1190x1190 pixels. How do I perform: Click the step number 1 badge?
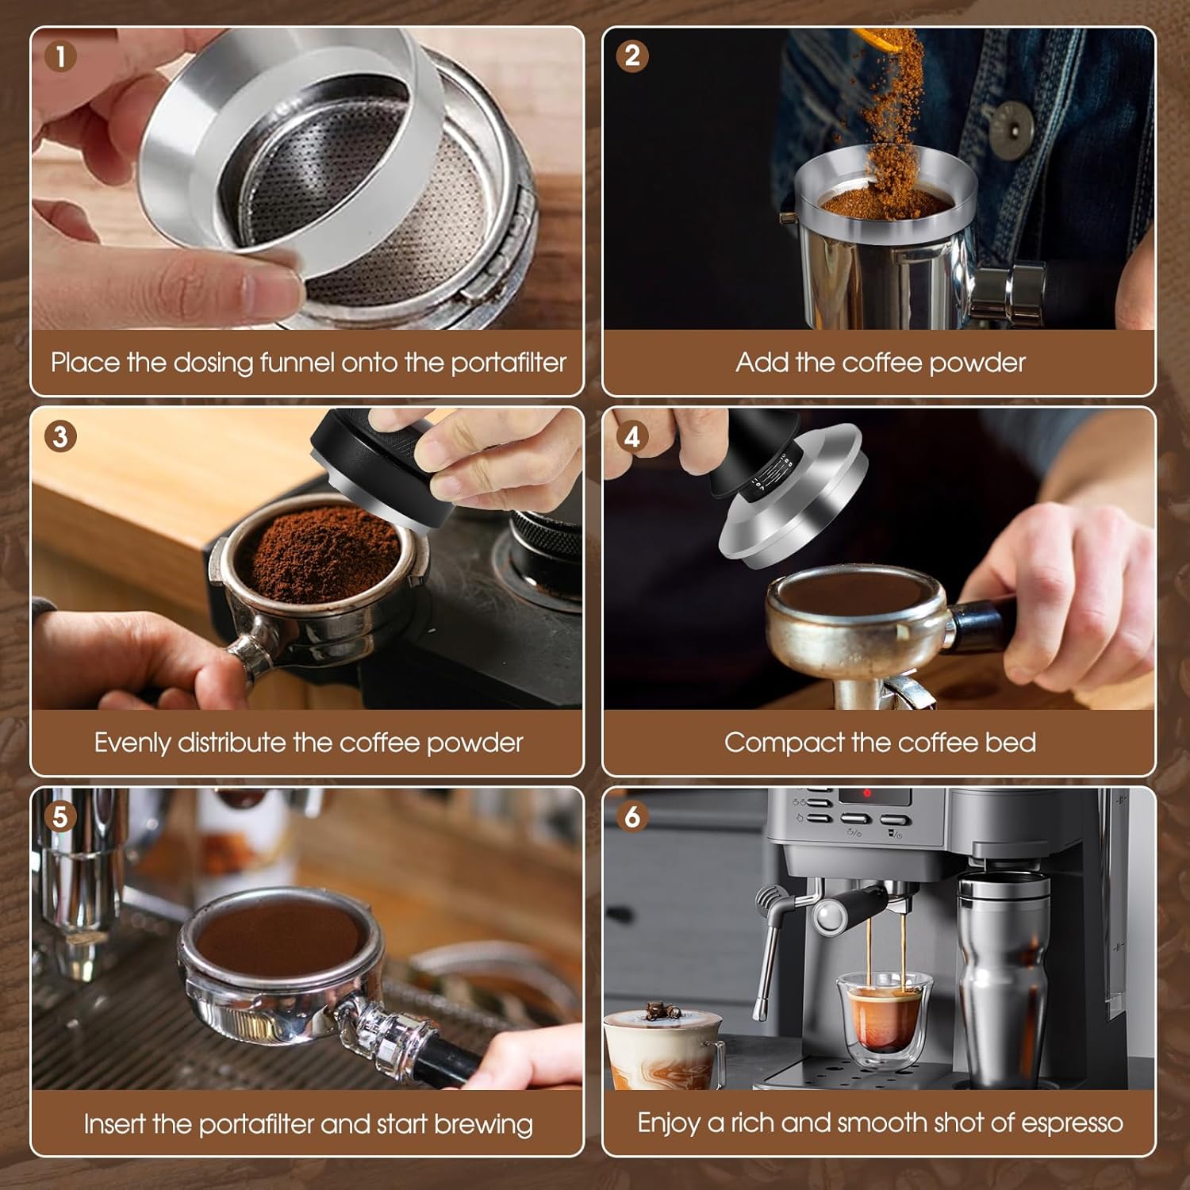click(61, 56)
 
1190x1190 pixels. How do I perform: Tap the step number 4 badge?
click(632, 436)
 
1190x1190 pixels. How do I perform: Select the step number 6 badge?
click(632, 816)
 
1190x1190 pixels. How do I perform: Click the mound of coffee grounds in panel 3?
click(325, 547)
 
